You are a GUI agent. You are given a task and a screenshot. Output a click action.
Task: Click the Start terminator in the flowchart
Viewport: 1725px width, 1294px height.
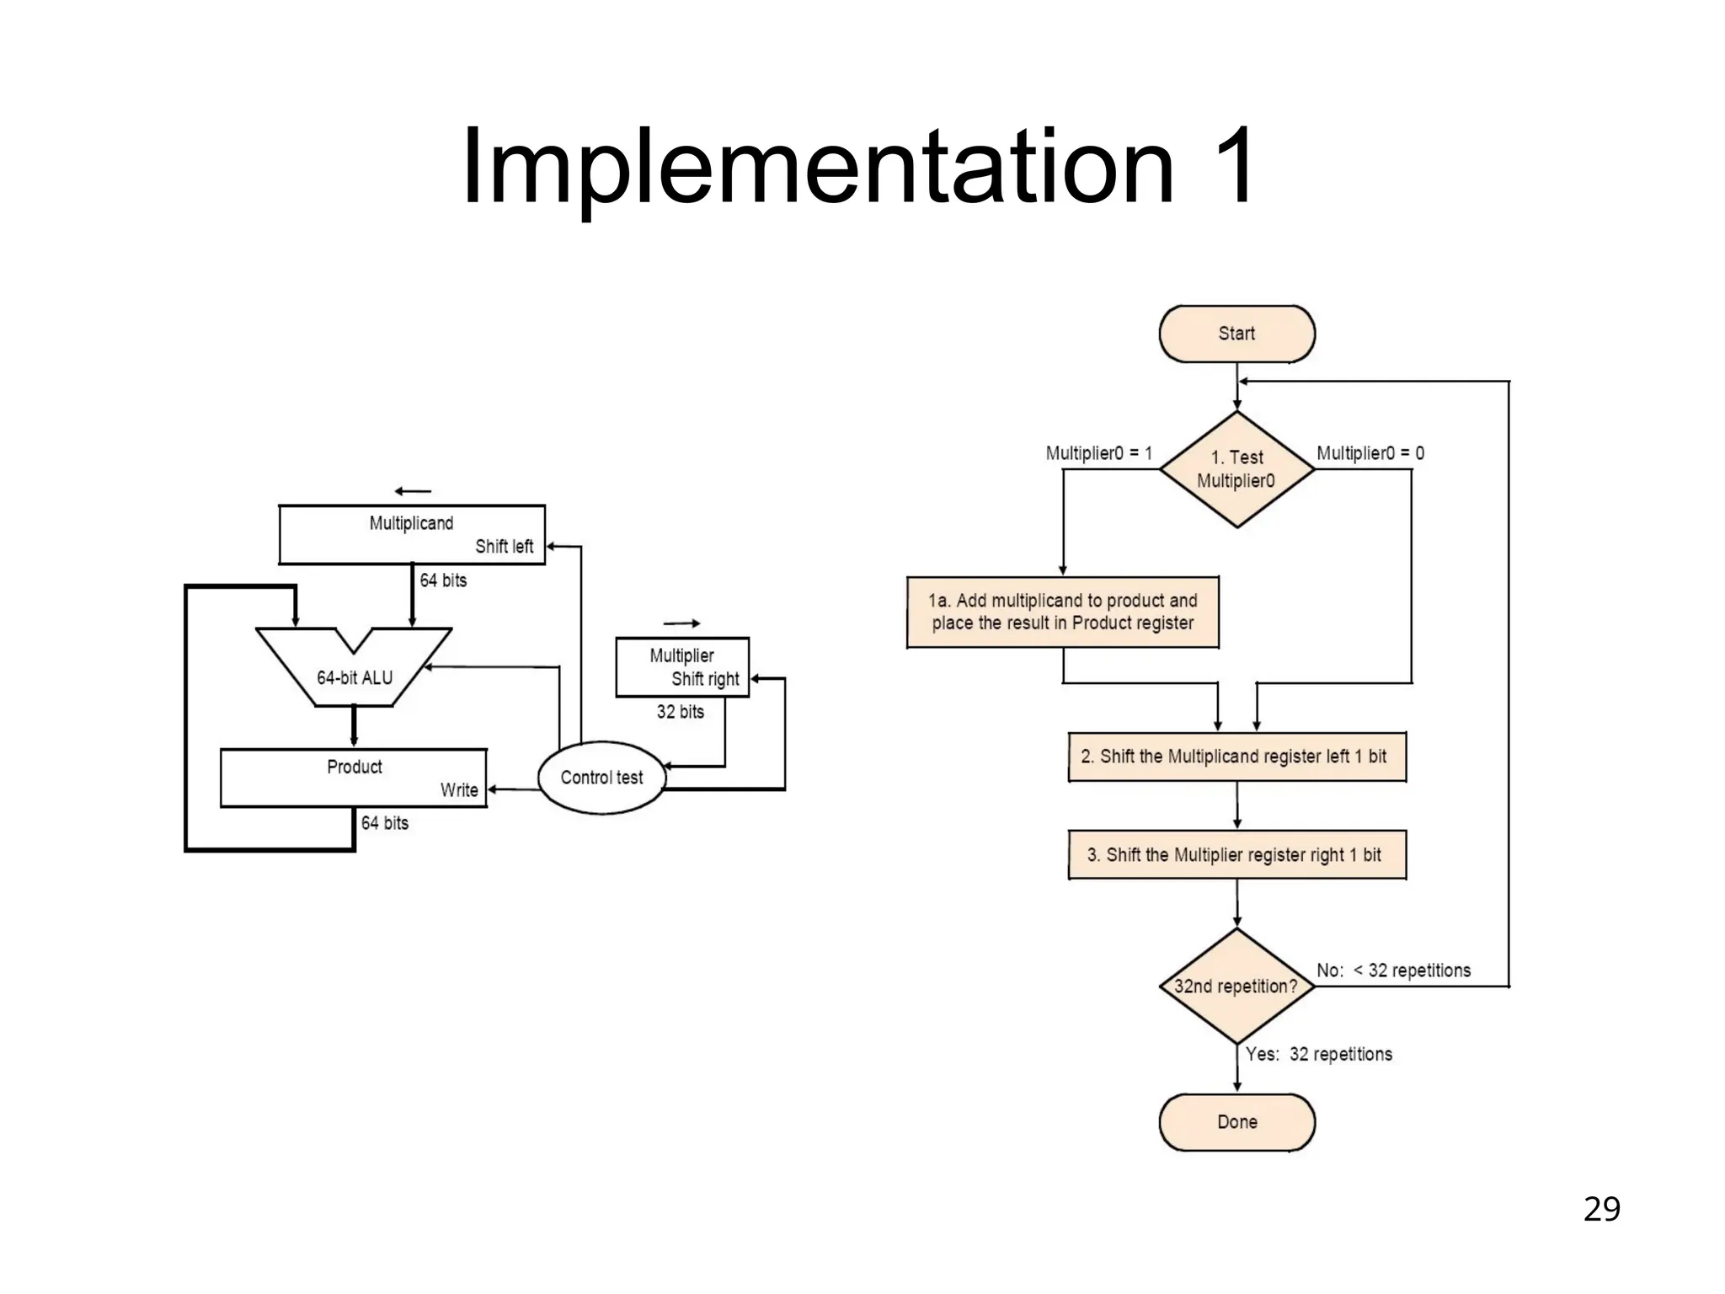pyautogui.click(x=1236, y=334)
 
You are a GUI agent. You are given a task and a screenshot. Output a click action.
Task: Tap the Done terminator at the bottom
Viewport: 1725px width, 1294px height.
pyautogui.click(x=1236, y=1122)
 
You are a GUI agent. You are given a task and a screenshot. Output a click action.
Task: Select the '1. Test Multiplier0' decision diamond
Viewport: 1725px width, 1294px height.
pyautogui.click(x=1236, y=469)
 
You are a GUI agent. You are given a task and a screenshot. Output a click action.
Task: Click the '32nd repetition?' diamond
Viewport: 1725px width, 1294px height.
pyautogui.click(x=1236, y=986)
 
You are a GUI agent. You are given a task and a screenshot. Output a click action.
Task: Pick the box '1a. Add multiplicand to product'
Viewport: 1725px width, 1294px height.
pyautogui.click(x=1062, y=612)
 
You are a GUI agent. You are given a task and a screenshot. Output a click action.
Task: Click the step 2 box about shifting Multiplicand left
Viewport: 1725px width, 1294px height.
pyautogui.click(x=1236, y=757)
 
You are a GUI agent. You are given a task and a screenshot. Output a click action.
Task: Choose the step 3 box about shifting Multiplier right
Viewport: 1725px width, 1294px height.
pyautogui.click(x=1236, y=855)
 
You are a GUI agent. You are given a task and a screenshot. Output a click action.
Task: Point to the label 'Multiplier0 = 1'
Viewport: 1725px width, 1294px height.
pyautogui.click(x=1098, y=453)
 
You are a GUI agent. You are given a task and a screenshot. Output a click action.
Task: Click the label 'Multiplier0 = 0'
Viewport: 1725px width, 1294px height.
pyautogui.click(x=1370, y=453)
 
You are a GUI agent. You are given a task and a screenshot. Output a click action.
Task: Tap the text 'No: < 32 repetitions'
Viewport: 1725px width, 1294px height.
pyautogui.click(x=1393, y=970)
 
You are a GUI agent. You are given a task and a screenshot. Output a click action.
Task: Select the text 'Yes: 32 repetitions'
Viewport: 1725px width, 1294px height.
pyautogui.click(x=1318, y=1054)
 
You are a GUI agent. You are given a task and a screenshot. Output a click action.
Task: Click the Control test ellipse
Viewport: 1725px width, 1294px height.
pyautogui.click(x=601, y=778)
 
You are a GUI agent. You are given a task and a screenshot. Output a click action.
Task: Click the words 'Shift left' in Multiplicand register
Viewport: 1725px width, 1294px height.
pyautogui.click(x=504, y=547)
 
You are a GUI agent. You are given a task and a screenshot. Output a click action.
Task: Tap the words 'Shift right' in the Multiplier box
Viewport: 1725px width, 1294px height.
pyautogui.click(x=704, y=679)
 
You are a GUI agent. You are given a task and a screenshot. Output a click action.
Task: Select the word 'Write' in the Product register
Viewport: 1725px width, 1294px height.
pyautogui.click(x=459, y=790)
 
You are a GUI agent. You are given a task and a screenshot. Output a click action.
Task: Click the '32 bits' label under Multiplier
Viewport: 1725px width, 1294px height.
pyautogui.click(x=680, y=712)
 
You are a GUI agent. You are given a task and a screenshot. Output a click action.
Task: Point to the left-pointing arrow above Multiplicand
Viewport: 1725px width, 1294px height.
pyautogui.click(x=413, y=491)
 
